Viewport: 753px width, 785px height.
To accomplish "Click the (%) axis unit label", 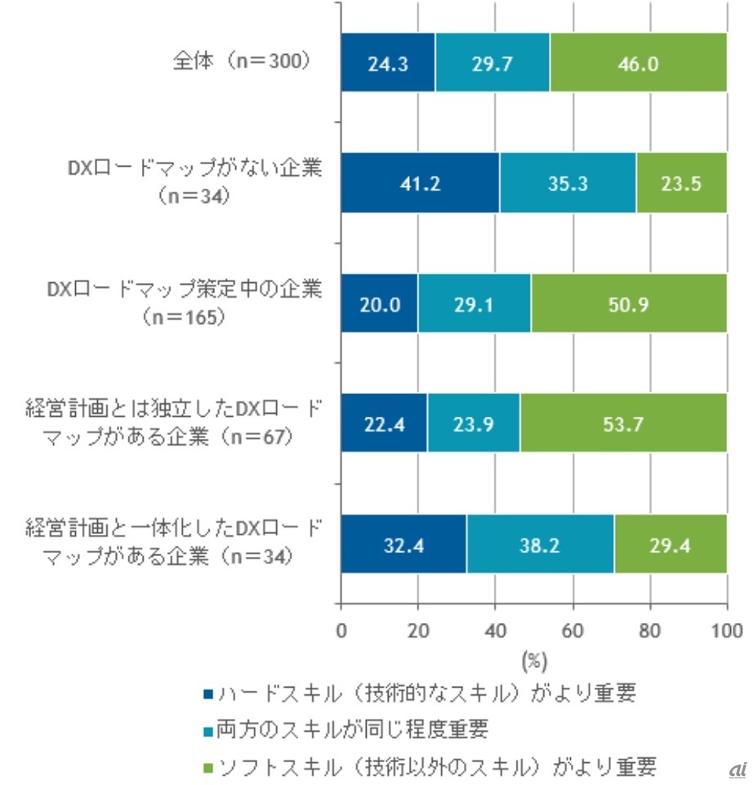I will [533, 658].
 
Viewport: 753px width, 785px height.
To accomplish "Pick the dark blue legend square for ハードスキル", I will [209, 695].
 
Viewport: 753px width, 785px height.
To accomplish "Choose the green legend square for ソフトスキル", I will [209, 766].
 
